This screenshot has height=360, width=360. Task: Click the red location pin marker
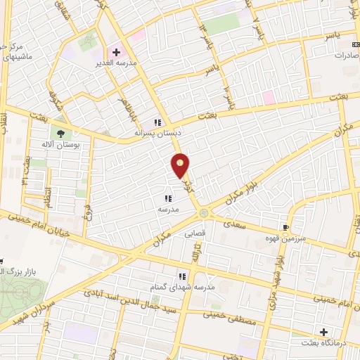181,165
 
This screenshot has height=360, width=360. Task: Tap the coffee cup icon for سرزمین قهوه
285,228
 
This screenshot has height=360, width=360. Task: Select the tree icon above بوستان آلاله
61,134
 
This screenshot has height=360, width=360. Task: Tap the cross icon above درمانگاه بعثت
323,332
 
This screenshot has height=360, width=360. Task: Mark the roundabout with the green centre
203,213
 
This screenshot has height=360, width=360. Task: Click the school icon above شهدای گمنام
182,276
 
